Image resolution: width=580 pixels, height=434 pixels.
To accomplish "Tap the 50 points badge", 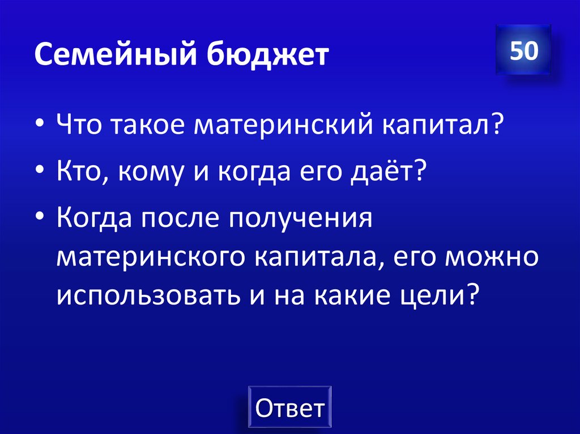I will pos(523,51).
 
